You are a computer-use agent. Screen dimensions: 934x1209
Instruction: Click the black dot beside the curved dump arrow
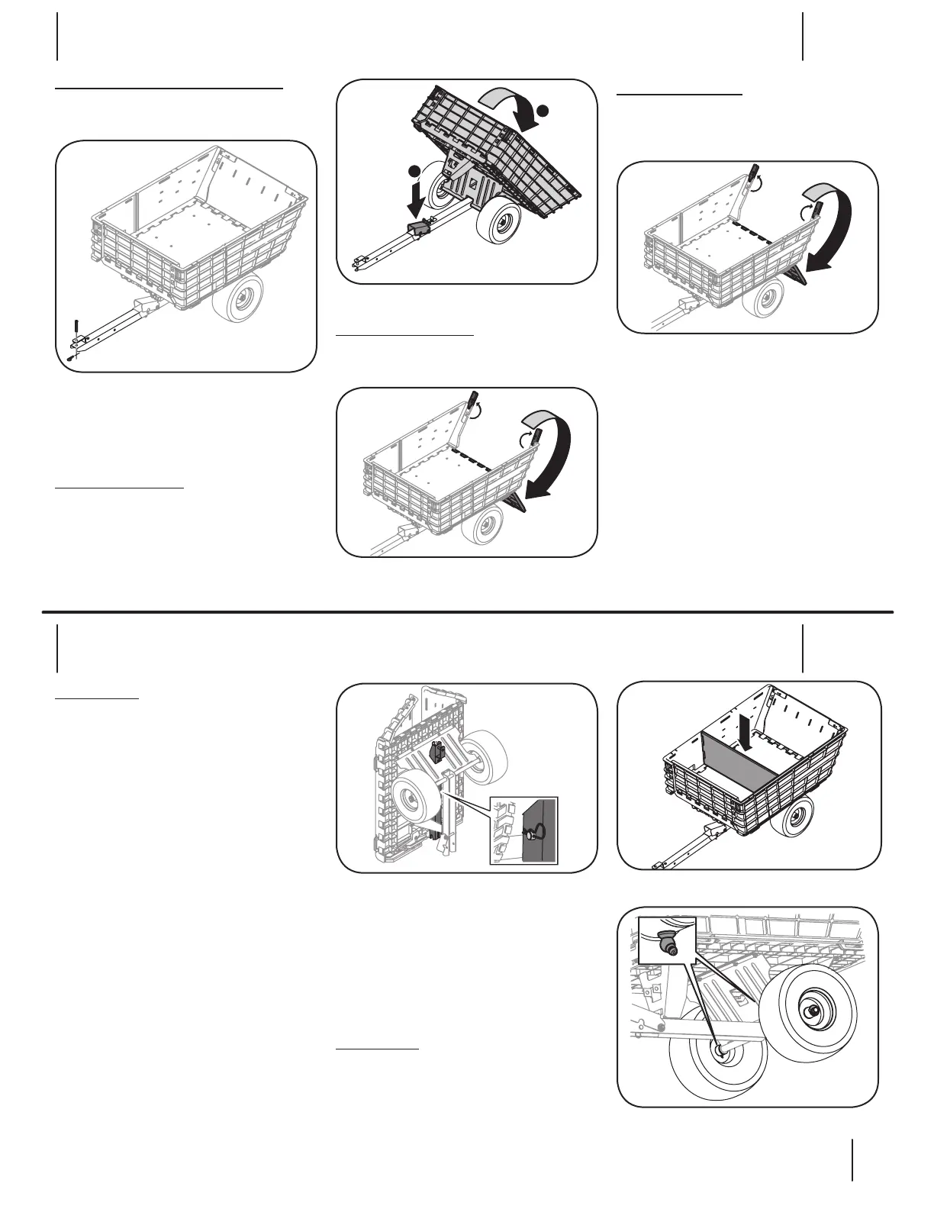tap(542, 111)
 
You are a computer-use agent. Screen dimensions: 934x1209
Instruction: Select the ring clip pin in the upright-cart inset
tap(529, 833)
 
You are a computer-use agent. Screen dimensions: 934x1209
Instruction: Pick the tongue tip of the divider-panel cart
tap(659, 866)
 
